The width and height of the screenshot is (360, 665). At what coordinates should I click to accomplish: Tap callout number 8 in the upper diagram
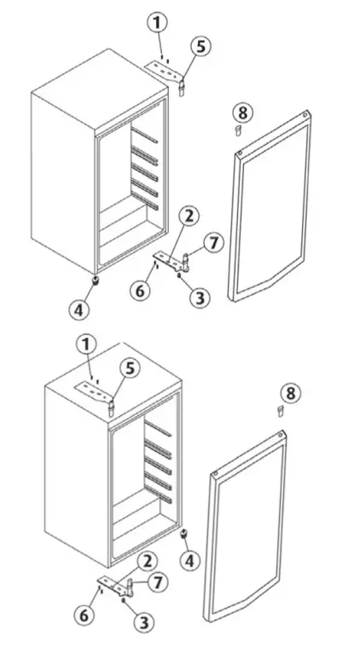[x=242, y=112]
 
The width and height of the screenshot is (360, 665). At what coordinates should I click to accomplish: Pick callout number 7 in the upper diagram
[x=214, y=243]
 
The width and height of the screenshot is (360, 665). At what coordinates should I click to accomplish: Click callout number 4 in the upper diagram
[x=78, y=309]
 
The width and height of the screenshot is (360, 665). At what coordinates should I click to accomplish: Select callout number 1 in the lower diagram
[x=85, y=344]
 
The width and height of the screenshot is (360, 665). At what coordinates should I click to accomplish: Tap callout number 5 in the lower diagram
[x=129, y=368]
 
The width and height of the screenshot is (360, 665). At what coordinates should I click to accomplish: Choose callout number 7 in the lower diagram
[x=155, y=581]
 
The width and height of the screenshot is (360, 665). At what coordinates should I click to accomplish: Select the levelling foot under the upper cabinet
[x=96, y=280]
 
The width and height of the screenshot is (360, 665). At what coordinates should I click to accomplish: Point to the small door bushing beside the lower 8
[x=279, y=411]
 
